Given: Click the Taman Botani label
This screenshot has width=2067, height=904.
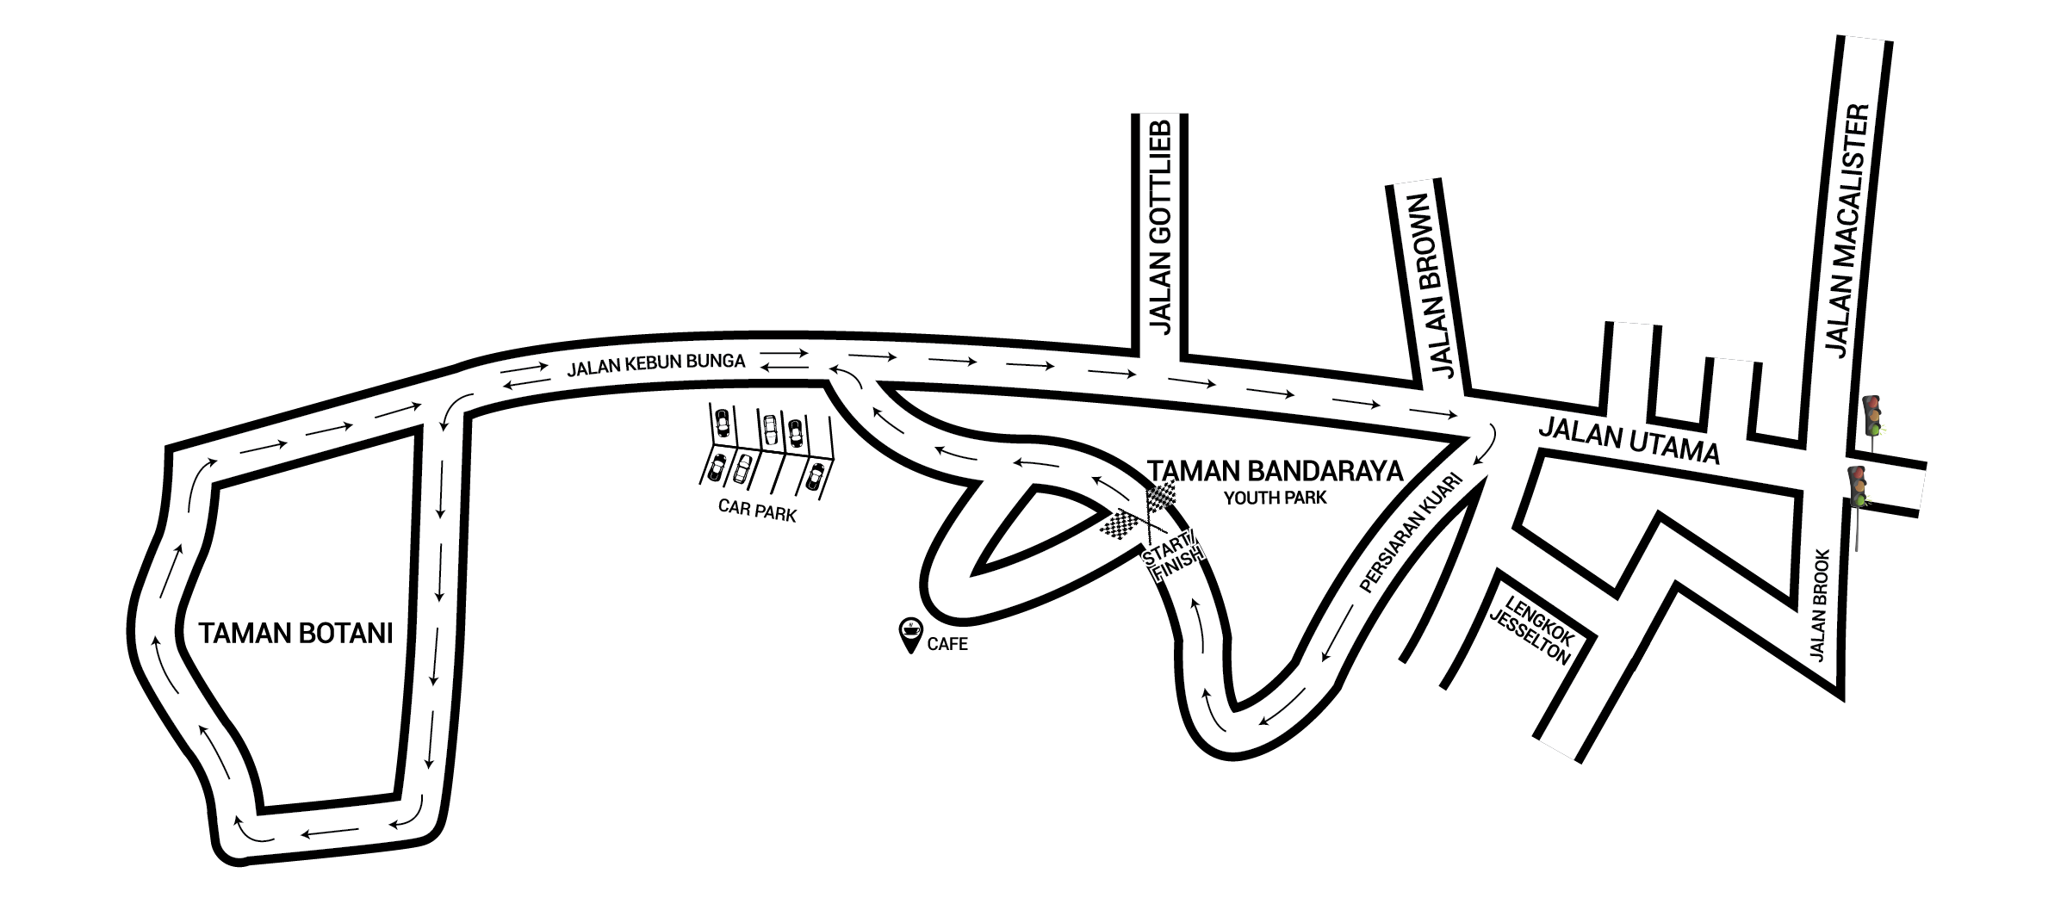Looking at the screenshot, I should tap(295, 635).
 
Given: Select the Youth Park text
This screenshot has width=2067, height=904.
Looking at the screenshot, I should tap(1276, 498).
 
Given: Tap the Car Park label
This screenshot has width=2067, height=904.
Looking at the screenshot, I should tap(756, 511).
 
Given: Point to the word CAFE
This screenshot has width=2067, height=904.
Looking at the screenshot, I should tap(947, 644).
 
